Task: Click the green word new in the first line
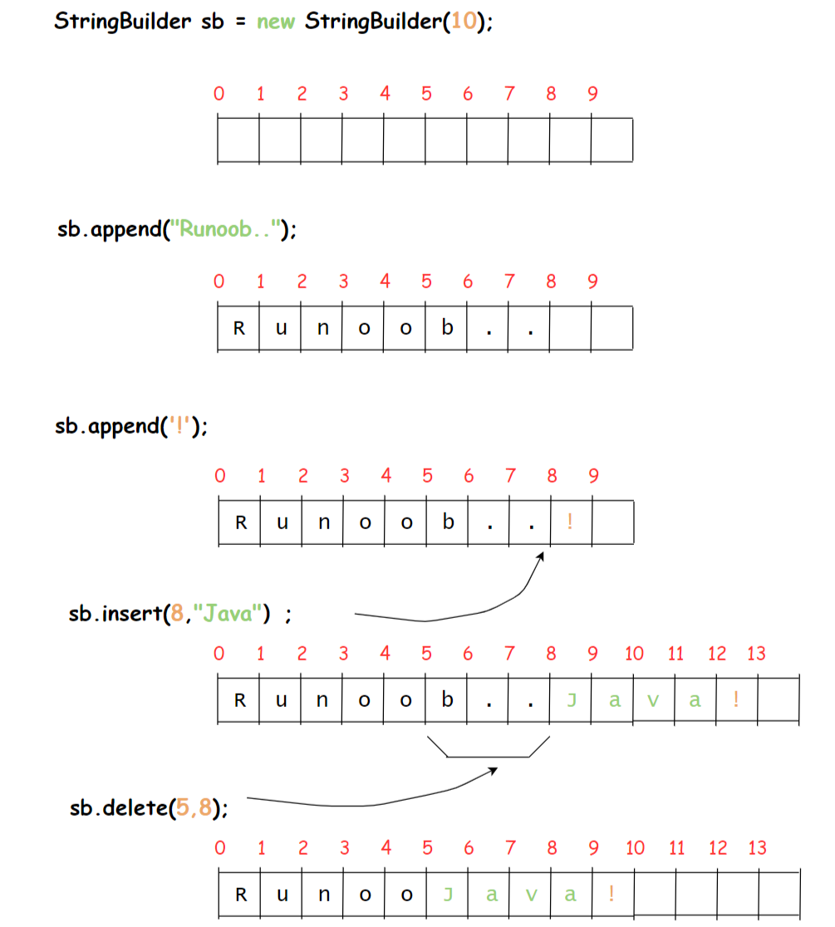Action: click(x=276, y=22)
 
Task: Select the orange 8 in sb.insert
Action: click(x=176, y=616)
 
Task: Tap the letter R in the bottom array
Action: click(x=241, y=895)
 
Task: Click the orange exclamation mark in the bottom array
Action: click(x=612, y=895)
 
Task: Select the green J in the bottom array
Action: click(x=448, y=895)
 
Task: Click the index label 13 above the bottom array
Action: click(x=757, y=848)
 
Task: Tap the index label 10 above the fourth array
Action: click(x=634, y=654)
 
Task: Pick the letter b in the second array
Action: click(x=448, y=327)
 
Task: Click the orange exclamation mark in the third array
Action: click(x=570, y=522)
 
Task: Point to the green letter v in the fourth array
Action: click(x=653, y=701)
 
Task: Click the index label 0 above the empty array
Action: click(x=219, y=94)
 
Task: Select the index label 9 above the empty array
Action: click(x=592, y=94)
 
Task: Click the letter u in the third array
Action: click(x=281, y=523)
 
